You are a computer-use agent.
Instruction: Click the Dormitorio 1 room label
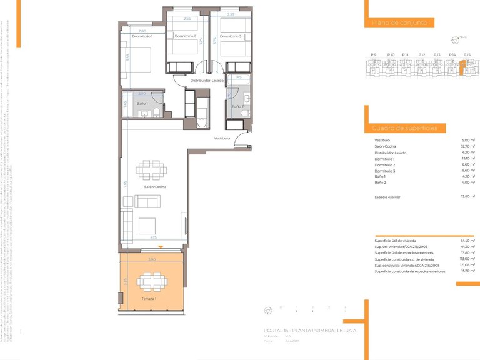142,36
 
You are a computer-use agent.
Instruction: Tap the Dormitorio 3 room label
231,36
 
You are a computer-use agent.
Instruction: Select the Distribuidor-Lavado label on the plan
207,80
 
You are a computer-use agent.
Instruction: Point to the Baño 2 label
237,106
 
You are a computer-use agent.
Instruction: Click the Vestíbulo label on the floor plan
222,137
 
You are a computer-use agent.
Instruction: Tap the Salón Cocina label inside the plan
154,187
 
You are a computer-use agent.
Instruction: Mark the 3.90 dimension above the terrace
151,259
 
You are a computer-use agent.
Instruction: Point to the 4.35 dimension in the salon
153,237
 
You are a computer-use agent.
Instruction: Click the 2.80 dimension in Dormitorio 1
142,31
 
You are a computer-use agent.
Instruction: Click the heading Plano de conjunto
399,22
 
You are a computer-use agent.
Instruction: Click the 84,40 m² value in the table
468,241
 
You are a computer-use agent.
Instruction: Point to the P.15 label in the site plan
467,55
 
